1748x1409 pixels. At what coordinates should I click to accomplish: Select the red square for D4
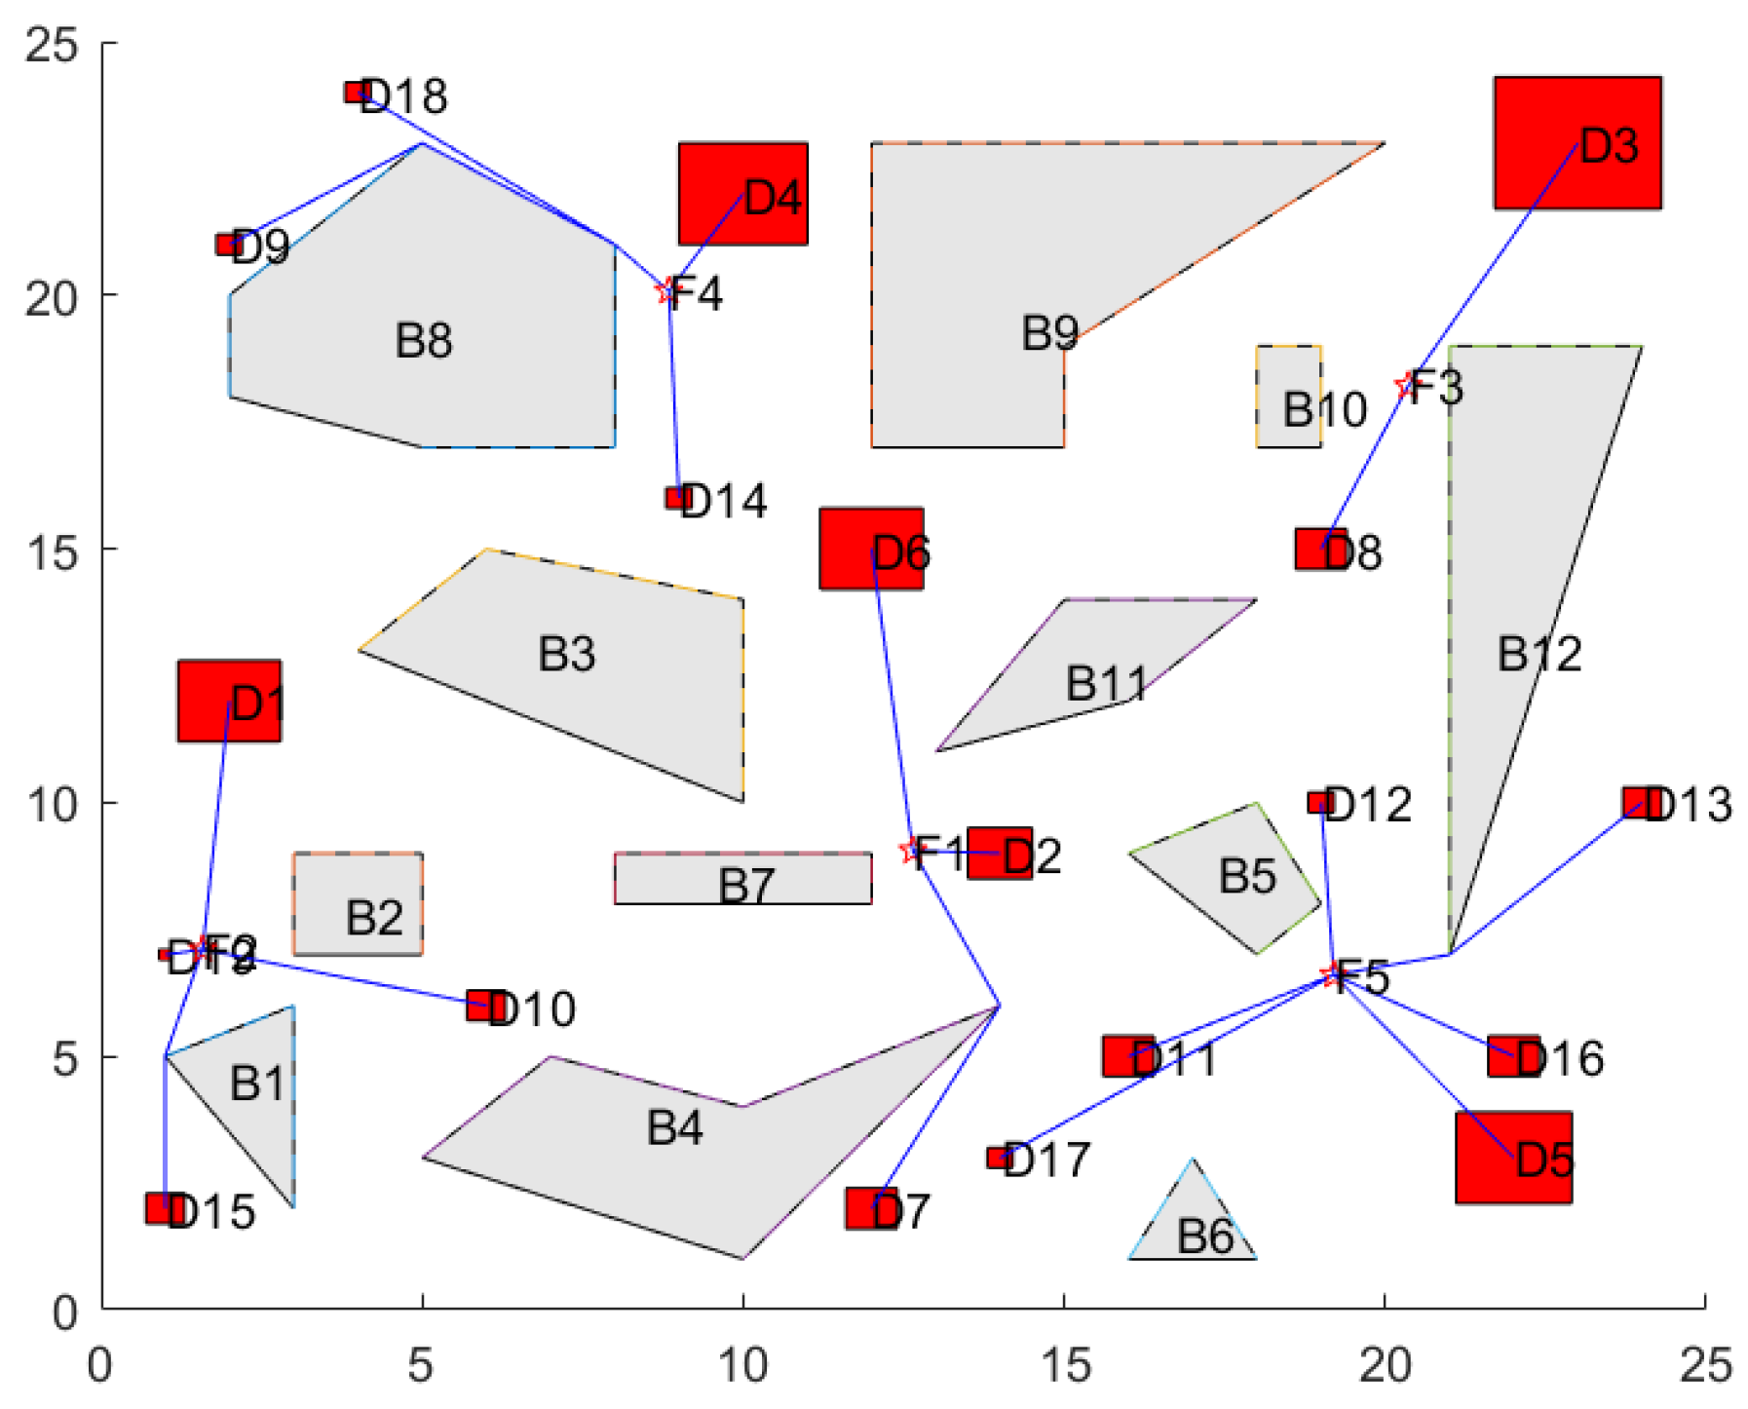click(742, 193)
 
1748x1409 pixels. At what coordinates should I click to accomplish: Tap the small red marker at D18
click(357, 93)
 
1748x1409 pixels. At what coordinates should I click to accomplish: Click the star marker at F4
click(666, 290)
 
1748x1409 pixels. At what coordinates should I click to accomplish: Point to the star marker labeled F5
click(1331, 974)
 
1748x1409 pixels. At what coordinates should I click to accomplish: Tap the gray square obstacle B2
click(358, 902)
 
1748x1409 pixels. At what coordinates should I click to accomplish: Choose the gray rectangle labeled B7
click(742, 878)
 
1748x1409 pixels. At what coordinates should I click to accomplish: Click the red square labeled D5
click(1512, 1157)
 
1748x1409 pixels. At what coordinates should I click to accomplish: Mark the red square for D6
click(870, 549)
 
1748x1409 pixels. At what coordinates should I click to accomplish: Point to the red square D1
click(229, 701)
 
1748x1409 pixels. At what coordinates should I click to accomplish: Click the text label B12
click(1539, 654)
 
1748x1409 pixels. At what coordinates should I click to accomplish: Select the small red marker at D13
click(1637, 802)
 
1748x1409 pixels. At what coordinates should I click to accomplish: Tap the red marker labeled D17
click(999, 1158)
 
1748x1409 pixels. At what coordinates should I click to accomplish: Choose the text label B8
click(424, 341)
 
